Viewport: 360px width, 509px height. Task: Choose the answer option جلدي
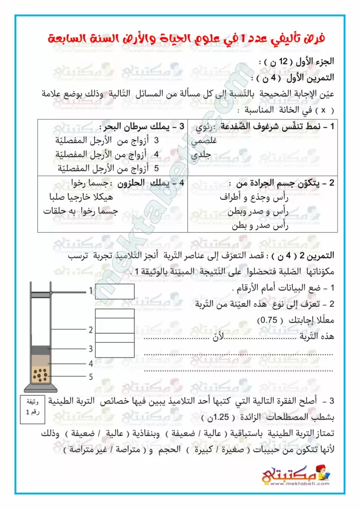(201, 155)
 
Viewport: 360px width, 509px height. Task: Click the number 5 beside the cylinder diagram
(91, 377)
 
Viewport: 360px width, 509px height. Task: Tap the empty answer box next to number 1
(114, 291)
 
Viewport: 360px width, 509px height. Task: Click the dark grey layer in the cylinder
(43, 350)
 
